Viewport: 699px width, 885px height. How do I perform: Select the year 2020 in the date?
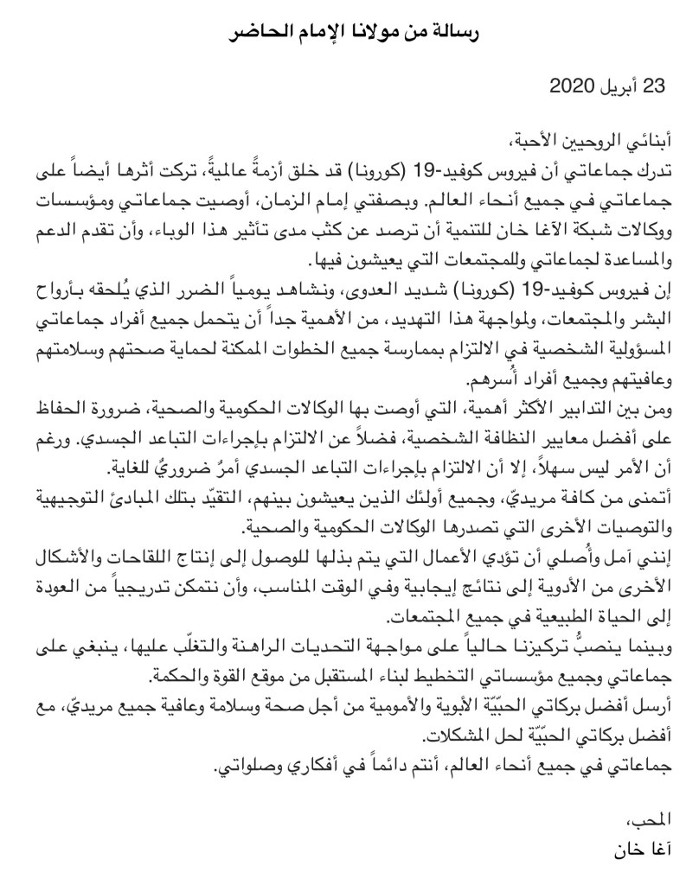click(x=572, y=86)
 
